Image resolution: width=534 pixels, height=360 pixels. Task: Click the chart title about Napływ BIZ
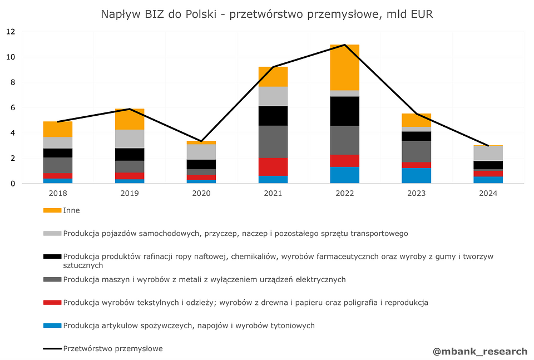point(267,14)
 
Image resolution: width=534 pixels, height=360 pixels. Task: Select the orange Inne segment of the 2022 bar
point(344,67)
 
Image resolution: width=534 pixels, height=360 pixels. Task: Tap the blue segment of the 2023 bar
point(417,175)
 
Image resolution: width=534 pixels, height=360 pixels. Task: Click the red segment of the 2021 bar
point(273,166)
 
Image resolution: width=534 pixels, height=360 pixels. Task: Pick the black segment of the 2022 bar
point(344,111)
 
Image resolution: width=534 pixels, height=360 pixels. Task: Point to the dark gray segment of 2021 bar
point(273,141)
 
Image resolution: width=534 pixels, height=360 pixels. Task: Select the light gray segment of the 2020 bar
point(201,151)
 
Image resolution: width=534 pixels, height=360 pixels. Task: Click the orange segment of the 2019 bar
point(130,119)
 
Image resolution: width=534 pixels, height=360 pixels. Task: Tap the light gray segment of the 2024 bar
point(488,154)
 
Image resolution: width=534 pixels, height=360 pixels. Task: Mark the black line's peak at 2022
point(345,45)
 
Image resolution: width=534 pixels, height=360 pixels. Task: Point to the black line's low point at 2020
point(201,141)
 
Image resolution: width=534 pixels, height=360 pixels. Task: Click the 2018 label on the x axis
point(57,193)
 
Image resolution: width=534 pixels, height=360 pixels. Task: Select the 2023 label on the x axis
point(417,193)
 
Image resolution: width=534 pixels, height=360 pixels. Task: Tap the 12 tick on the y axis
point(11,32)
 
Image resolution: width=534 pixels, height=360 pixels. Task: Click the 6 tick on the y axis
point(12,107)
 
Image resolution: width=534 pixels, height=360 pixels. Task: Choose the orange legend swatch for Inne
point(52,210)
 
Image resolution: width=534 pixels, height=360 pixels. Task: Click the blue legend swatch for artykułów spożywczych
point(52,326)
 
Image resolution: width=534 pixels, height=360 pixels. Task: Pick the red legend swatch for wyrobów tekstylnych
point(52,303)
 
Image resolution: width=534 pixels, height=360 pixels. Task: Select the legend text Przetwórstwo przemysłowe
point(113,349)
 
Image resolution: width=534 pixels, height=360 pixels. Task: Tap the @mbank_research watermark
point(479,351)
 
